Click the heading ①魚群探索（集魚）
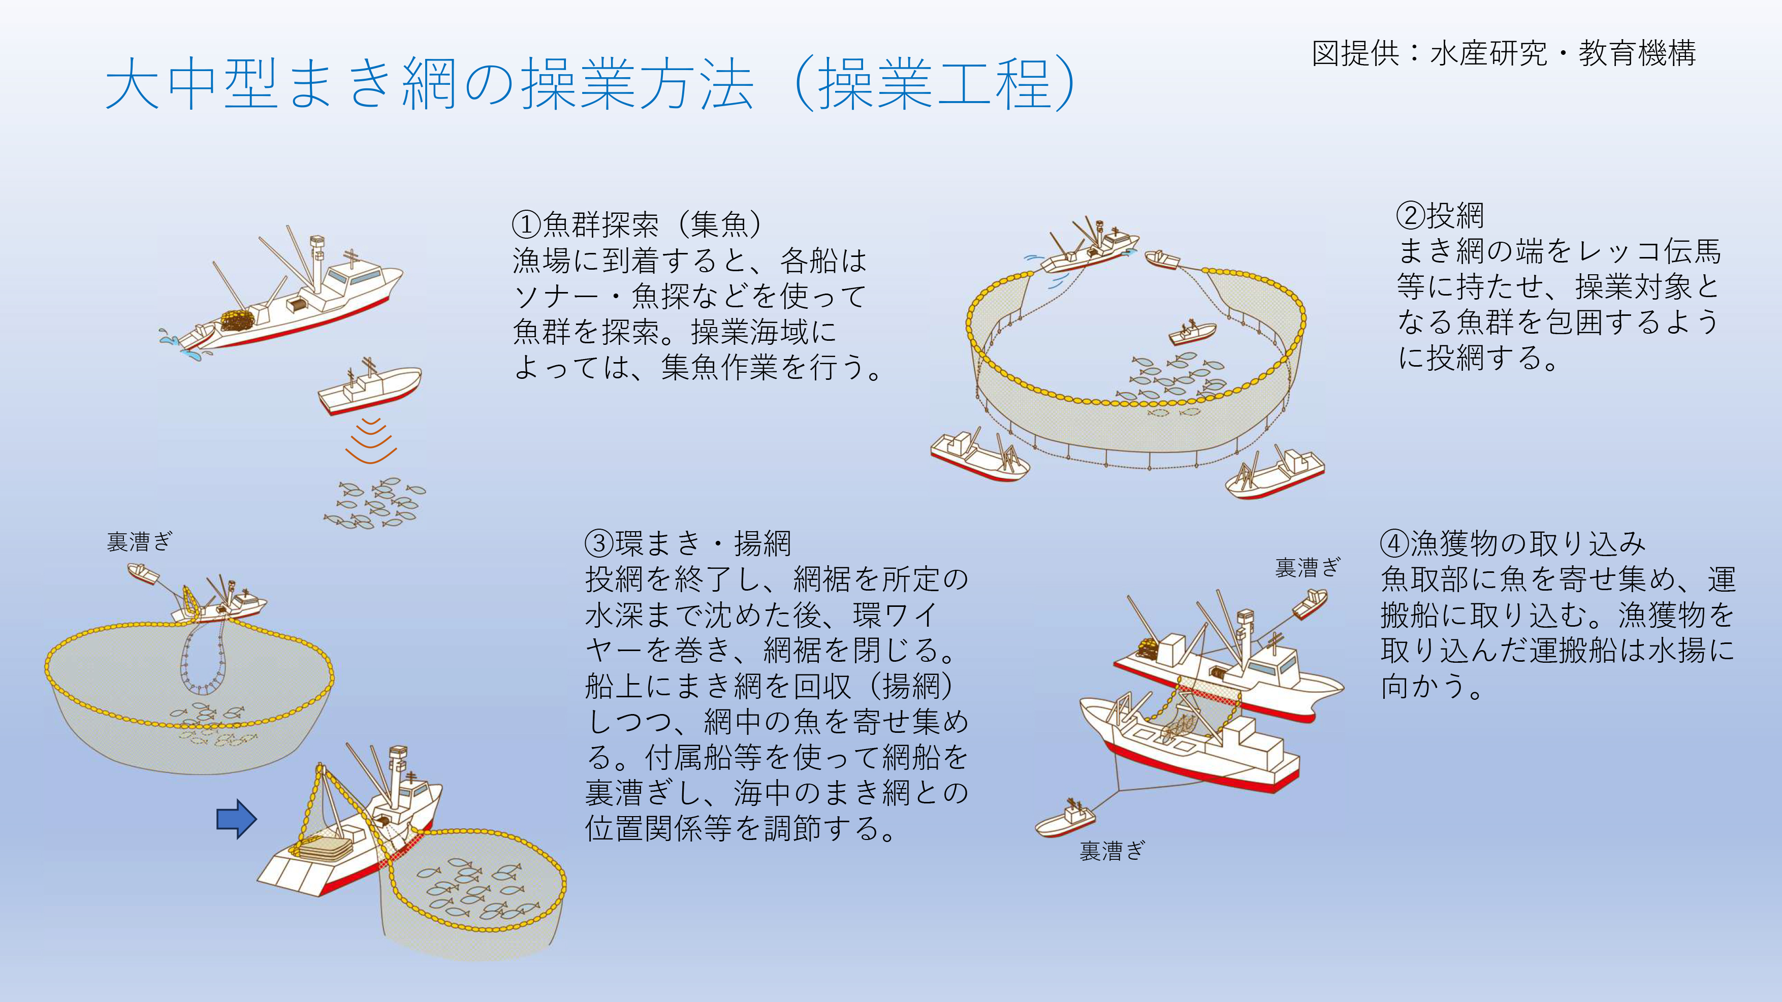tap(637, 224)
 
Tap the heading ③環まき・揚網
tap(688, 543)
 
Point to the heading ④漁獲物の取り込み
tap(1513, 543)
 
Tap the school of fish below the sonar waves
tap(375, 503)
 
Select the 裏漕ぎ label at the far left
tap(140, 541)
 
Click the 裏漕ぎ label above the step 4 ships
tap(1308, 568)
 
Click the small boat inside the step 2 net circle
tap(1191, 333)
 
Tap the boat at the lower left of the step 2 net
tap(979, 456)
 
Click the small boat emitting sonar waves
tap(369, 387)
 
